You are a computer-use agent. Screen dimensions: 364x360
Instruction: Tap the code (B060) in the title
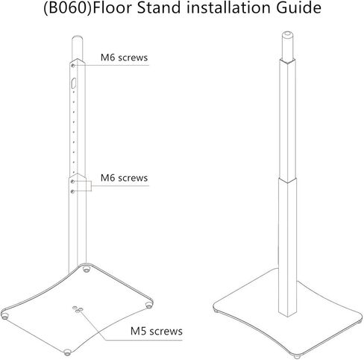pos(68,8)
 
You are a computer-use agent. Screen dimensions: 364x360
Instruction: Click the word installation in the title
pos(228,8)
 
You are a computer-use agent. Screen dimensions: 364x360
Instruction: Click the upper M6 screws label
pos(124,58)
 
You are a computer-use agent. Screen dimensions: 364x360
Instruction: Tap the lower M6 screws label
pos(124,178)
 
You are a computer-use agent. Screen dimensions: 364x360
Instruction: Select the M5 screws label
pos(157,331)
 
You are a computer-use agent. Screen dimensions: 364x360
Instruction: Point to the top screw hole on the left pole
pos(73,66)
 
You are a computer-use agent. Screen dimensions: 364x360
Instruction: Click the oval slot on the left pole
pos(74,83)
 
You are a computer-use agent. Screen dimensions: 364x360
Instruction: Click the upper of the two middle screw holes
pos(72,181)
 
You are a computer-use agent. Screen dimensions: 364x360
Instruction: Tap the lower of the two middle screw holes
pos(72,191)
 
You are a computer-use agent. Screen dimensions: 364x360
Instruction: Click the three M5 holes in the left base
pos(78,309)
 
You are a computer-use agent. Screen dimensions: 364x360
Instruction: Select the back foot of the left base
pos(87,269)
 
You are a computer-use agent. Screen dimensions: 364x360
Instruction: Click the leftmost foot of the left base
pos(4,316)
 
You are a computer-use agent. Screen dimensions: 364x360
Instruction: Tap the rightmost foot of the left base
pos(148,305)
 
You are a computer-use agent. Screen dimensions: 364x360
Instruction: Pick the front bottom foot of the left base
pos(67,353)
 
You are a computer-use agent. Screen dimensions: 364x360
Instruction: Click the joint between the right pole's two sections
pos(287,181)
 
